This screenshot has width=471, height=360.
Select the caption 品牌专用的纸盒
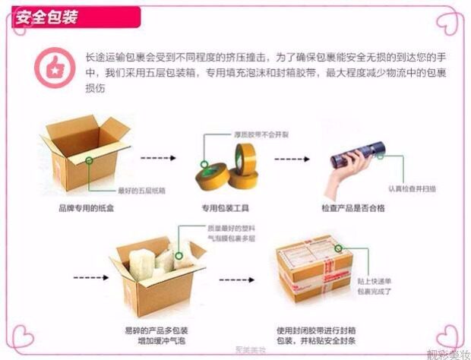coord(86,207)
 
